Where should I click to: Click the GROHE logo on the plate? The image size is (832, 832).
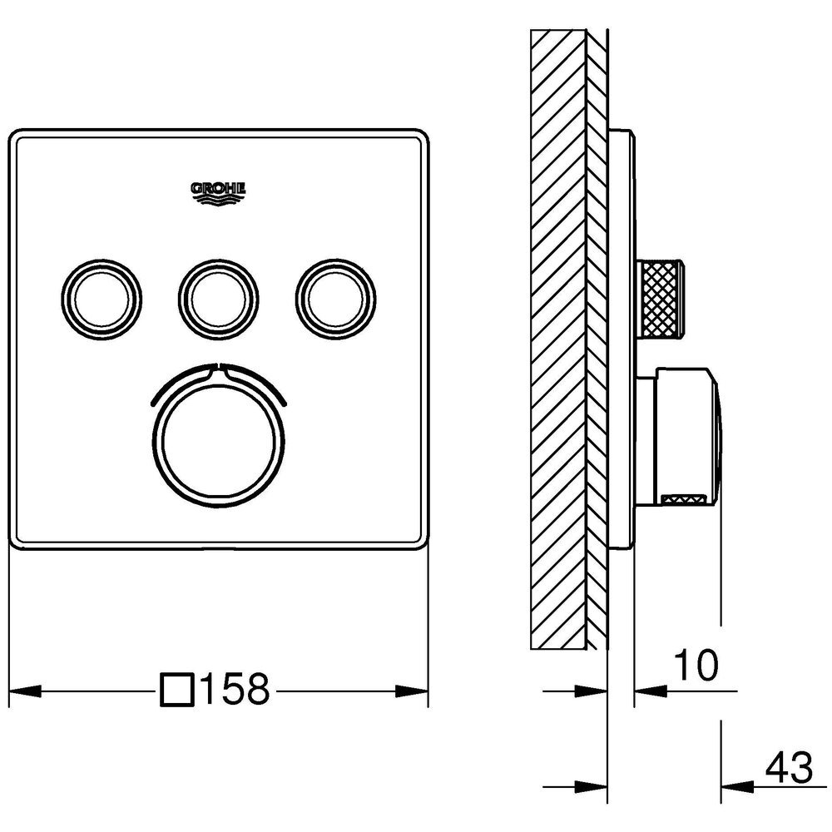[x=218, y=193]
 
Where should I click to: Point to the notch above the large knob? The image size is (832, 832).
[x=218, y=367]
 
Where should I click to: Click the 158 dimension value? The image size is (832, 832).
[x=235, y=691]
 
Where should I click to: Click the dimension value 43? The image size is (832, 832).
[x=789, y=768]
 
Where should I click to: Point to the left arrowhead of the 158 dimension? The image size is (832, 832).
[x=26, y=691]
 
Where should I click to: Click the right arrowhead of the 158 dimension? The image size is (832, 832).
[x=412, y=691]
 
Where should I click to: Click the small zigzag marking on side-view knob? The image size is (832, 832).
[x=684, y=498]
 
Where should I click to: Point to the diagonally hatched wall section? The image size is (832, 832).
[x=569, y=339]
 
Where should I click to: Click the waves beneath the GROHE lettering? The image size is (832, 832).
[x=218, y=199]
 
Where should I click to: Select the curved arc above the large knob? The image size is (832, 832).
[x=219, y=381]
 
